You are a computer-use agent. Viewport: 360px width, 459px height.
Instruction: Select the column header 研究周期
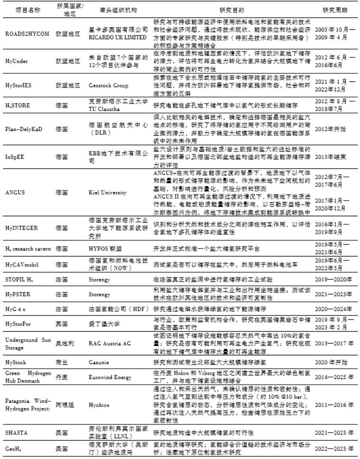point(334,10)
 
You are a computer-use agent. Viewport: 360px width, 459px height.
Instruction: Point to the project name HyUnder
point(17,60)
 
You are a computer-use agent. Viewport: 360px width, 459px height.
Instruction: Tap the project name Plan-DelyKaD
point(24,129)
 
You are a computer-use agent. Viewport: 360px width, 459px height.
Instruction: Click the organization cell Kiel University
point(108,193)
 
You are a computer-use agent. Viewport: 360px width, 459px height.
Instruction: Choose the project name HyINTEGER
point(22,228)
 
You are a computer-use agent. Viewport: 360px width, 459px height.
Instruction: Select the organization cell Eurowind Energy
point(110,377)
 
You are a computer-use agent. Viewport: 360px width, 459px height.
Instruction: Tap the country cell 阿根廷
point(63,405)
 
